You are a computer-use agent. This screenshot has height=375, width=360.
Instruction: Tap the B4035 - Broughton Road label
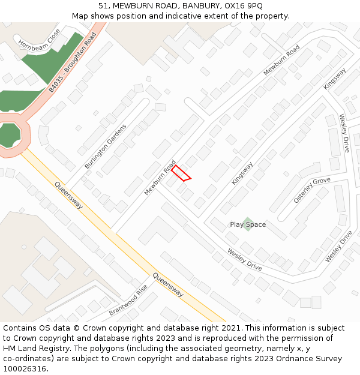tap(73, 62)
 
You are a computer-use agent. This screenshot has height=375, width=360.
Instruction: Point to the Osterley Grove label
tap(311, 190)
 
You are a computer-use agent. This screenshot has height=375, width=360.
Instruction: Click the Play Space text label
tap(248, 225)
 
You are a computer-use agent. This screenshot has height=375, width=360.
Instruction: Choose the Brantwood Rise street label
tap(128, 301)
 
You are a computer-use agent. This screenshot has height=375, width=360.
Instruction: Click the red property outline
tap(181, 173)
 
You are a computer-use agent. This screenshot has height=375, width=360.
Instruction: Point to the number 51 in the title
tap(103, 6)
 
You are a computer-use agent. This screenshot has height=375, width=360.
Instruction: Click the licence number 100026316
tap(26, 369)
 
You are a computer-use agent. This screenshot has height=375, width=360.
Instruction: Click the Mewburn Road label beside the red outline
tap(160, 178)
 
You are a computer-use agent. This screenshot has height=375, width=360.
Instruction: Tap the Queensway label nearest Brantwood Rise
tap(167, 285)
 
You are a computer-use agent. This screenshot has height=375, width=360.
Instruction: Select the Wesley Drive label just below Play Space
tap(244, 259)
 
